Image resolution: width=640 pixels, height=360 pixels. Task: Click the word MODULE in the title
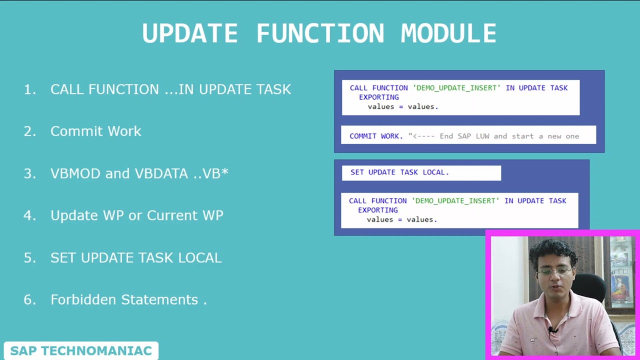click(448, 34)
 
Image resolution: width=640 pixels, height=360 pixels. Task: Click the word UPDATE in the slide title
click(190, 34)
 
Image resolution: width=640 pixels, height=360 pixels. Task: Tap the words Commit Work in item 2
click(96, 131)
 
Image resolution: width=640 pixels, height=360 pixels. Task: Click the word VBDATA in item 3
click(160, 173)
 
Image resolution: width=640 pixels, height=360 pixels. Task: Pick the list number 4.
click(29, 215)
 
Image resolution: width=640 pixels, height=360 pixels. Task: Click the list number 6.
click(29, 299)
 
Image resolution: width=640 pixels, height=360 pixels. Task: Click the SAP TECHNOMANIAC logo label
click(81, 351)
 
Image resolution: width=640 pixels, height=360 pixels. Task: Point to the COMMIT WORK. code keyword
click(376, 136)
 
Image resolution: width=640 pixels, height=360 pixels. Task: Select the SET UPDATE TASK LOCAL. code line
click(399, 172)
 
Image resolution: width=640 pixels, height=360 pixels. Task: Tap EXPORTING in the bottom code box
click(378, 210)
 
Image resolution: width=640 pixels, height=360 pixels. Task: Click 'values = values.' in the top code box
click(403, 106)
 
